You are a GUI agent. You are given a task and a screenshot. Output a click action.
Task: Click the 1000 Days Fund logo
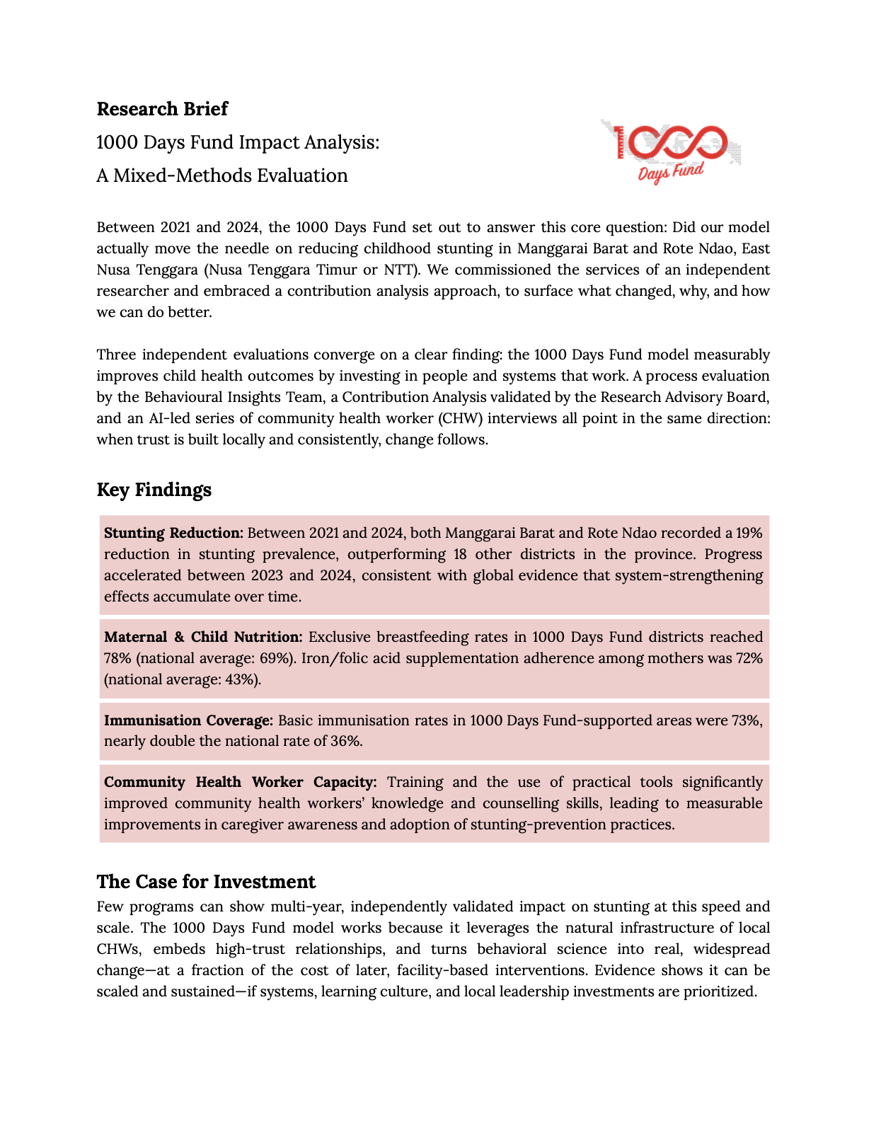click(670, 151)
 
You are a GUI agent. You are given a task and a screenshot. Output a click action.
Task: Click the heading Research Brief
click(162, 109)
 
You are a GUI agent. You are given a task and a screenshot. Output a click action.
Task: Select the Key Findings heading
click(154, 490)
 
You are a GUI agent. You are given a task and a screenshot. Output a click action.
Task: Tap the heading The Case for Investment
click(206, 882)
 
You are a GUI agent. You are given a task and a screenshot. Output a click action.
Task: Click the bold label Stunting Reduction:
click(173, 533)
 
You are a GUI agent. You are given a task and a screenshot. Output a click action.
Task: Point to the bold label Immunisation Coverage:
click(188, 720)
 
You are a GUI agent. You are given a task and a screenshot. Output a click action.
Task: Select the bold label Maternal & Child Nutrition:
click(203, 637)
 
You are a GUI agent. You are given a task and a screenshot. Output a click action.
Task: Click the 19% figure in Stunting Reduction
click(749, 533)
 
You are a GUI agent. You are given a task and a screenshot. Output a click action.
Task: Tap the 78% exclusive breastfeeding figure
click(117, 658)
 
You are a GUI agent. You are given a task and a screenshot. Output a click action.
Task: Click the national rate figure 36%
click(347, 741)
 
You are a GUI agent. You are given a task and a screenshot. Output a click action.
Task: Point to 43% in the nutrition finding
click(244, 679)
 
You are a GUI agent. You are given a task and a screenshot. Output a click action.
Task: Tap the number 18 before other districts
click(460, 554)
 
